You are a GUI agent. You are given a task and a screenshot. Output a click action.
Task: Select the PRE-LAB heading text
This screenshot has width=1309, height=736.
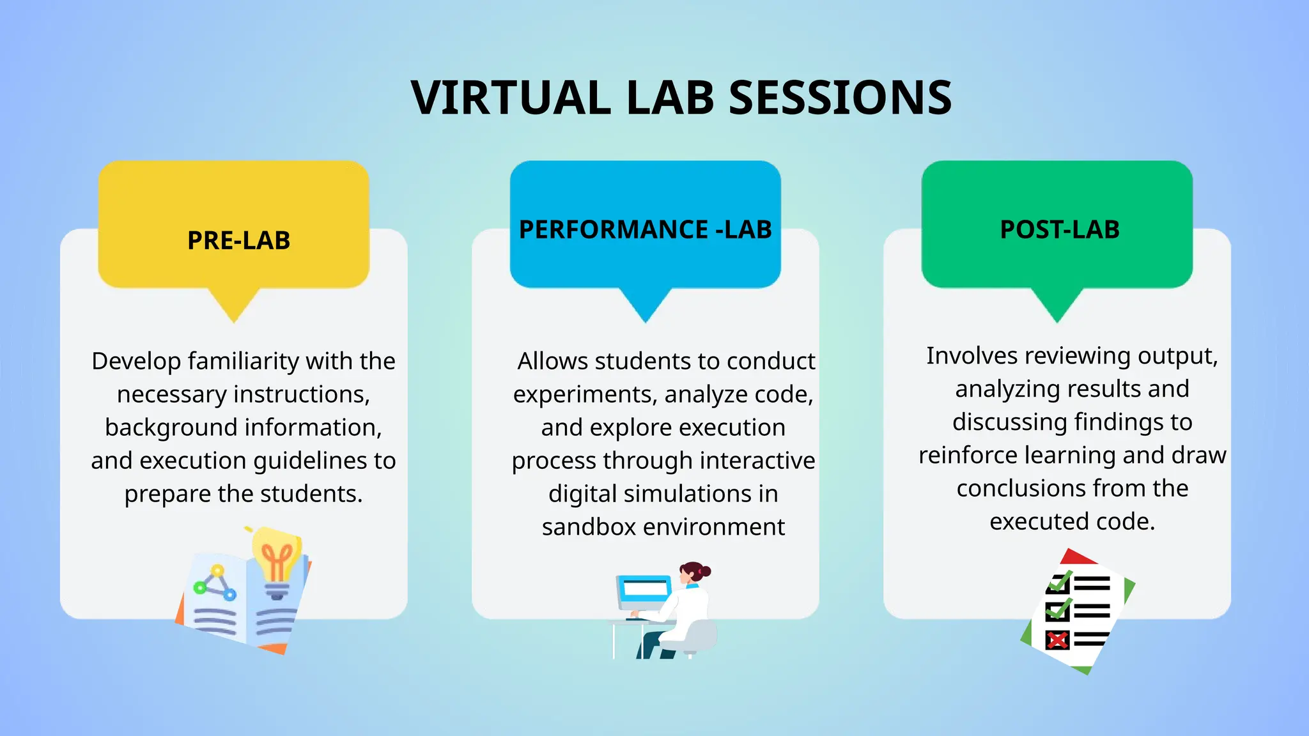(238, 241)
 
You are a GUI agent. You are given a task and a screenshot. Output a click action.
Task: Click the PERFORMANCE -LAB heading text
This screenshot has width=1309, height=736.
(645, 229)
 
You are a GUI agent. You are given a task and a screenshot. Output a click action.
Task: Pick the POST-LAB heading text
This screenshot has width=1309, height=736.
(1059, 229)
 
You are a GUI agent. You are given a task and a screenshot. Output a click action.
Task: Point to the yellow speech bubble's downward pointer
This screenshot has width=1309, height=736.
(234, 305)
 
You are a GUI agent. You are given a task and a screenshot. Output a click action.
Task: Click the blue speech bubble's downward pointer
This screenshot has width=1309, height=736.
(646, 305)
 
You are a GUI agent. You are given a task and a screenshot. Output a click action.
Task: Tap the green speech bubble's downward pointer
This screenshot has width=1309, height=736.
(1057, 305)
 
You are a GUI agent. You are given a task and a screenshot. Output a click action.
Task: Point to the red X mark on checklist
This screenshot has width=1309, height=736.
(1057, 640)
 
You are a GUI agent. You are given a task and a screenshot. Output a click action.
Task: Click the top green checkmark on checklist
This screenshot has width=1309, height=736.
(1059, 582)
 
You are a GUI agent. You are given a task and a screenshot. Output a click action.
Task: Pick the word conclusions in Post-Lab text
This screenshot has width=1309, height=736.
(1019, 488)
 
